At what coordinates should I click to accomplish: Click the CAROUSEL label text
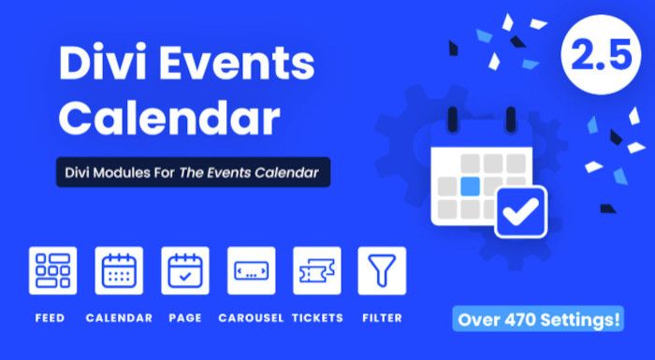[x=251, y=318]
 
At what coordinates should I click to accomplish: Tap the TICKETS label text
[x=317, y=318]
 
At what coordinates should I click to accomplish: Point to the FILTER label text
[x=382, y=318]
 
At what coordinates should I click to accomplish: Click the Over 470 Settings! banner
[x=538, y=320]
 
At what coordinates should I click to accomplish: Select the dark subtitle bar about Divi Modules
[x=192, y=173]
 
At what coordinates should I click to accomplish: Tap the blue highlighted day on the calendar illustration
[x=471, y=185]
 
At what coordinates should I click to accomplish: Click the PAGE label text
[x=184, y=318]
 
